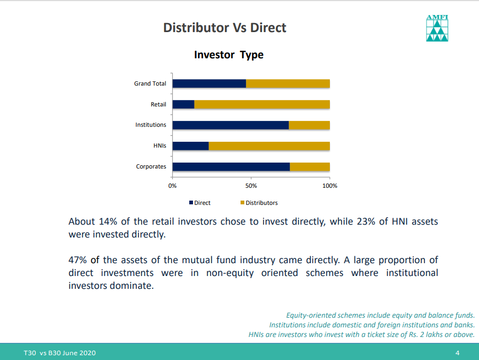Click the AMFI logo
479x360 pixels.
pyautogui.click(x=437, y=28)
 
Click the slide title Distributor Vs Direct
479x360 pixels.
pyautogui.click(x=225, y=28)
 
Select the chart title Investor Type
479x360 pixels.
pyautogui.click(x=228, y=55)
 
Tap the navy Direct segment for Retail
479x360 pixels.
pyautogui.click(x=183, y=104)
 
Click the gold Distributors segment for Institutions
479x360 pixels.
pyautogui.click(x=309, y=125)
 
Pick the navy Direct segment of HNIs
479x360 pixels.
pyautogui.click(x=191, y=146)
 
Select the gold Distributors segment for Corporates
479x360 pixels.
pyautogui.click(x=310, y=167)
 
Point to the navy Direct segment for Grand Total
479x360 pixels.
pyautogui.click(x=209, y=84)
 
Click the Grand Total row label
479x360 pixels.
pyautogui.click(x=150, y=84)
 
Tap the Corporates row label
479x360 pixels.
pyautogui.click(x=151, y=166)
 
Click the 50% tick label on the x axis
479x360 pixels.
pyautogui.click(x=251, y=186)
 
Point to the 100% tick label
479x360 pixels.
pyautogui.click(x=330, y=186)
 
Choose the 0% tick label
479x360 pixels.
pyautogui.click(x=172, y=186)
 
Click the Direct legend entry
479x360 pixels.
pyautogui.click(x=200, y=203)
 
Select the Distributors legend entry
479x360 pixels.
pyautogui.click(x=259, y=203)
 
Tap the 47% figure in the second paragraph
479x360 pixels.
pyautogui.click(x=78, y=260)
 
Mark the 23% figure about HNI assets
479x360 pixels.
pyautogui.click(x=366, y=221)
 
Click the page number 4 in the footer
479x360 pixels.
pyautogui.click(x=457, y=353)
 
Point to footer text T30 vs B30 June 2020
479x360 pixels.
pyautogui.click(x=59, y=353)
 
